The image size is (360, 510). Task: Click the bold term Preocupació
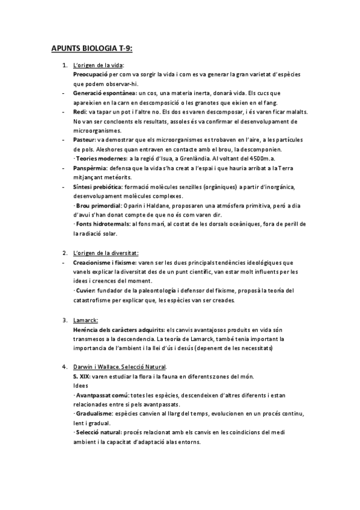[x=91, y=74]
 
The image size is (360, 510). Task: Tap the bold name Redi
[x=79, y=112]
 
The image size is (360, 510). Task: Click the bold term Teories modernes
[x=100, y=158]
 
